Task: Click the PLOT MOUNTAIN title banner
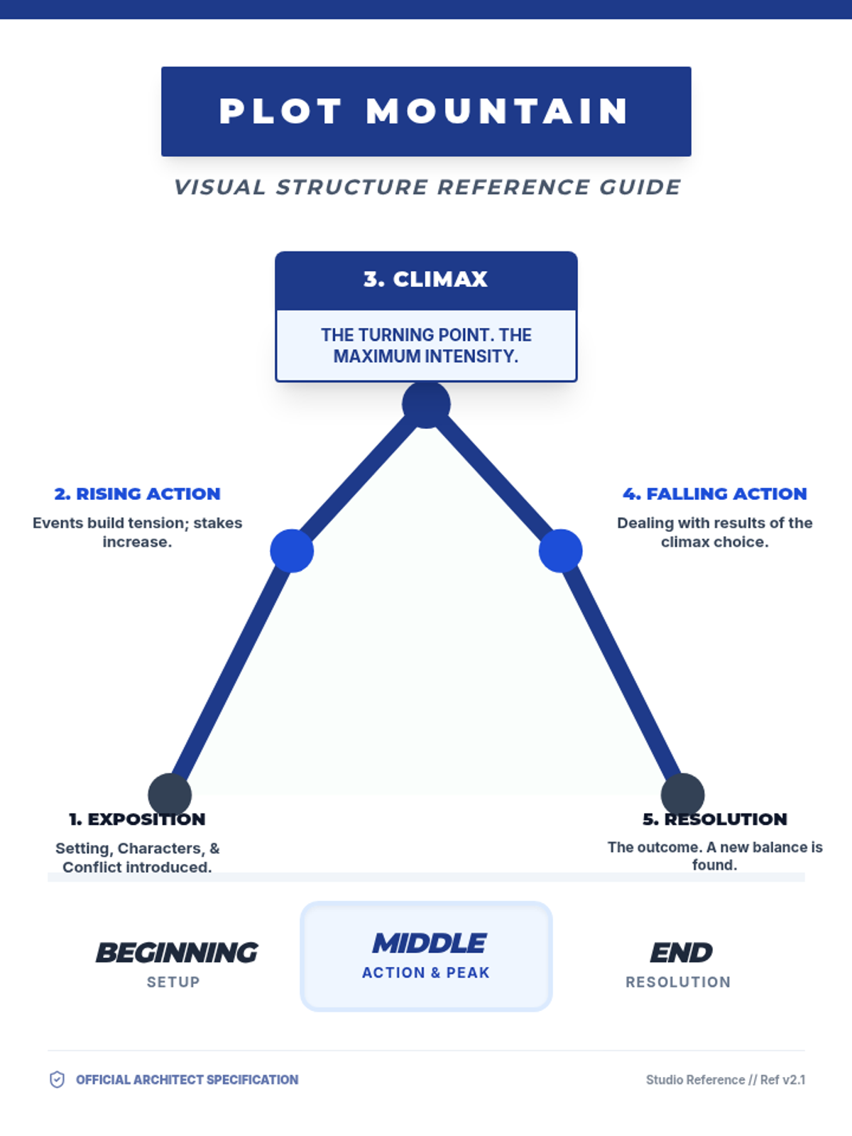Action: [426, 111]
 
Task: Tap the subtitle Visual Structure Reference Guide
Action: [427, 187]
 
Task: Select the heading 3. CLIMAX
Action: [426, 279]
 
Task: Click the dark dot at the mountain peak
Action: [426, 405]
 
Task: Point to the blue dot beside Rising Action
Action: [292, 551]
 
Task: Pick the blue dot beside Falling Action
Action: [560, 551]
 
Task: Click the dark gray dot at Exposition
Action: [170, 794]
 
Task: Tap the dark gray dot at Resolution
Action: [682, 794]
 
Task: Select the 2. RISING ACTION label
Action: [138, 493]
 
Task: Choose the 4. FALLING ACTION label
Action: [714, 493]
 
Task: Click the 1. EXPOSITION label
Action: [137, 819]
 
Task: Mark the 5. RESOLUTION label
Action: [715, 819]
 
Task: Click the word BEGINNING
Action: [177, 953]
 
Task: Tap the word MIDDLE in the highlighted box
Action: [430, 944]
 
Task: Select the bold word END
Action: [681, 953]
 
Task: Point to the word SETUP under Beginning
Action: [173, 982]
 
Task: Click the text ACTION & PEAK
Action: [426, 973]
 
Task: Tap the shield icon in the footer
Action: [57, 1080]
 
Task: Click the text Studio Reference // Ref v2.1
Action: [725, 1080]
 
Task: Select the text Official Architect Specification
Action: [187, 1080]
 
